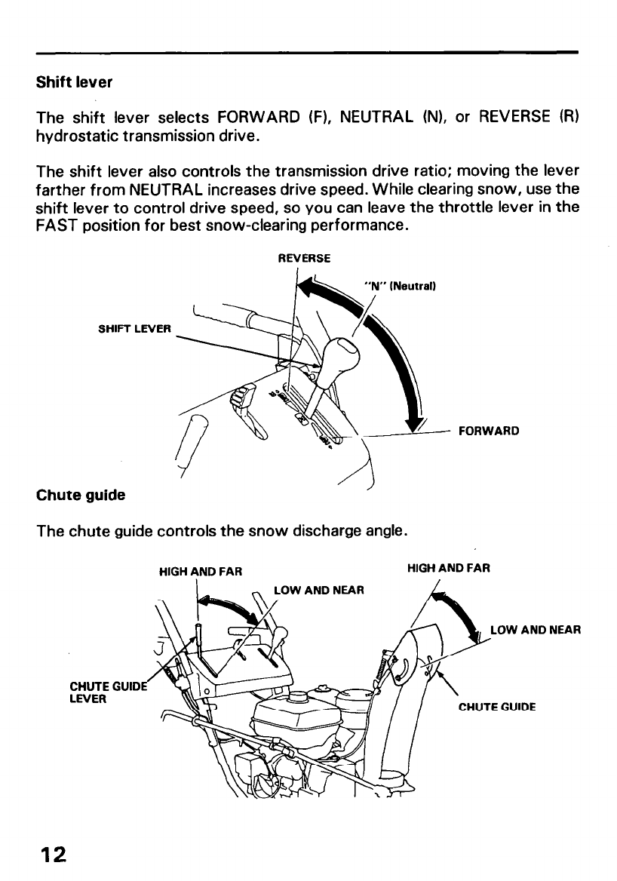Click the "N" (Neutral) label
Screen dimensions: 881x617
400,287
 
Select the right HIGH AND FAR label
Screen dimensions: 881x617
449,568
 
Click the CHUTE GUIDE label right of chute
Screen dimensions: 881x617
497,707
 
